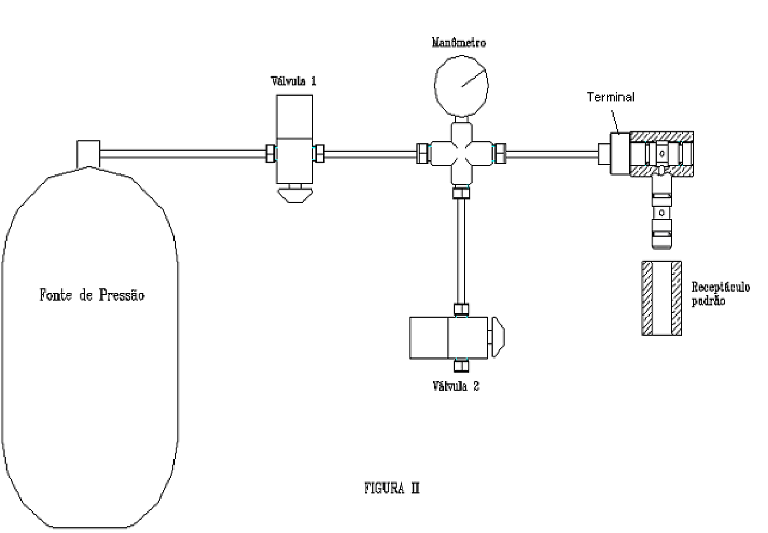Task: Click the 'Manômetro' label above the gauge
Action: [x=458, y=42]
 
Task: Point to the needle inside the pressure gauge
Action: [x=474, y=79]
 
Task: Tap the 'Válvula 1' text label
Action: [x=294, y=81]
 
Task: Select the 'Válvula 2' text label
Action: [x=455, y=386]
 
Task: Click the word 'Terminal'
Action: [x=611, y=97]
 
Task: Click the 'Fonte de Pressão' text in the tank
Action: [x=92, y=295]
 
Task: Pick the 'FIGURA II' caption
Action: [x=392, y=488]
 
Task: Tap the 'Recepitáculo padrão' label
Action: [x=720, y=293]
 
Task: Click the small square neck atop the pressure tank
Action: [x=88, y=154]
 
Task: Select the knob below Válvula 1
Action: [x=295, y=194]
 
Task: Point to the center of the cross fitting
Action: [x=461, y=154]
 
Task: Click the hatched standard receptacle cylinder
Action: [x=662, y=298]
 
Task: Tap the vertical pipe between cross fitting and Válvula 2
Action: [x=461, y=251]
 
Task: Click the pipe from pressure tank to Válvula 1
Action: [x=183, y=154]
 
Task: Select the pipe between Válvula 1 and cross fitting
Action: [x=371, y=154]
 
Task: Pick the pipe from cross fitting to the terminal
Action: [x=552, y=154]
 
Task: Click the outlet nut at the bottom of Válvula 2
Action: [x=461, y=366]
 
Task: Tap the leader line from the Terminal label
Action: [x=615, y=122]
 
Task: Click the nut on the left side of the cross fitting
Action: [x=423, y=154]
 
